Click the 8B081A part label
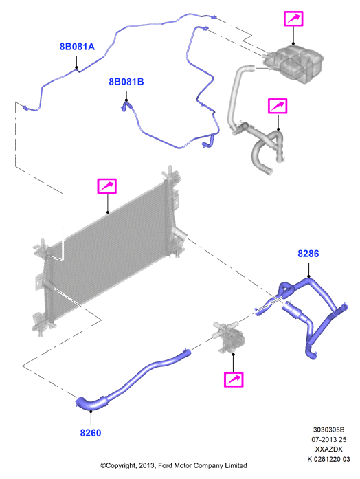coord(77,47)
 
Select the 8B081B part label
coord(126,82)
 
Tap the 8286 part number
coord(308,254)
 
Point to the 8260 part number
coord(91,433)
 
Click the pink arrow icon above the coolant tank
coord(293,19)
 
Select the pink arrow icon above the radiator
coord(107,186)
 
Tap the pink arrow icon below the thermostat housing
coord(234,379)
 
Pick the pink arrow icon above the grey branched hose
coord(278,106)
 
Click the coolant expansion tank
coord(293,63)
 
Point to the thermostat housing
coord(229,336)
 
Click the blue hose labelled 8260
coord(131,379)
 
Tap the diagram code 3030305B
coord(328,430)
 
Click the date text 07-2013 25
coord(328,440)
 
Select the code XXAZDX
coord(328,449)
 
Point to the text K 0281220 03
coord(328,459)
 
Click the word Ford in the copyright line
coord(165,465)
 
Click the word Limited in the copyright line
coord(236,465)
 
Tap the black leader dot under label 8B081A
coord(76,67)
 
